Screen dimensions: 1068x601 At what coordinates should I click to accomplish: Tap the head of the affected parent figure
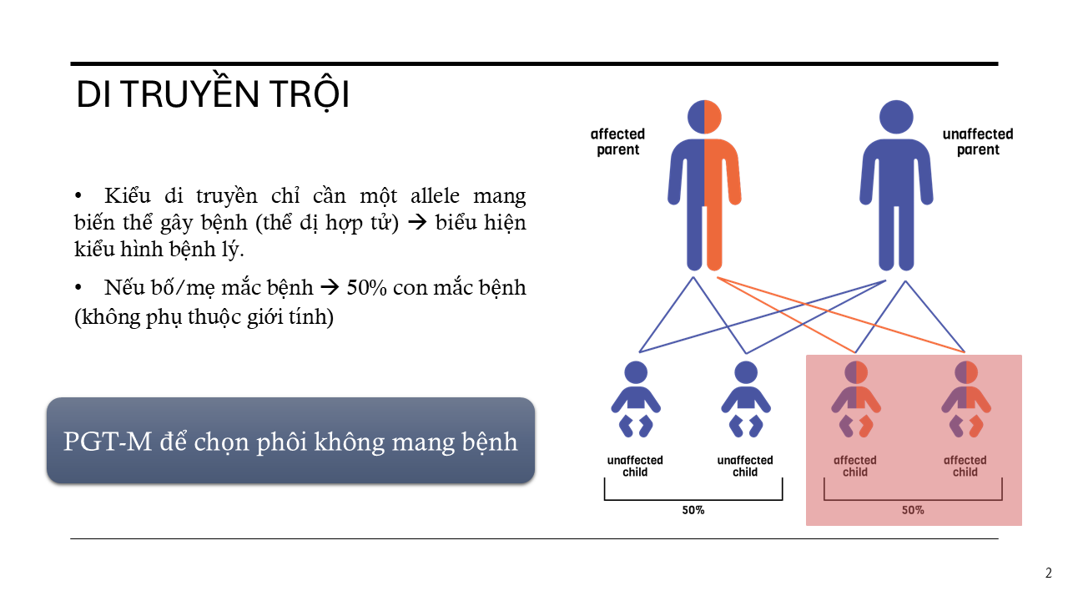point(704,117)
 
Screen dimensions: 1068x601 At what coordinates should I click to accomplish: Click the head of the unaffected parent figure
point(896,117)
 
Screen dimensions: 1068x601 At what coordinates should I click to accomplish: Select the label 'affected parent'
point(618,142)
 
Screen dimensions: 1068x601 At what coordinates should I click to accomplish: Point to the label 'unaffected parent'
point(978,142)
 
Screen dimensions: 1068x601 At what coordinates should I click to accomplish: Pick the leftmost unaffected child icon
point(636,399)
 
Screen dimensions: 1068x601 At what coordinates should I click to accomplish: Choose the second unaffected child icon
point(746,399)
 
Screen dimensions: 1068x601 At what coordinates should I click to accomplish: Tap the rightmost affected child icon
point(966,399)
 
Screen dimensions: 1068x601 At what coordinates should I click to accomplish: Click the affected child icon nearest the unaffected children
point(856,399)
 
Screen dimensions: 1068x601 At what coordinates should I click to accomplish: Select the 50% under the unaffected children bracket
point(693,510)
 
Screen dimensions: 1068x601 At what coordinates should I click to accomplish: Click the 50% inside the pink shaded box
point(913,510)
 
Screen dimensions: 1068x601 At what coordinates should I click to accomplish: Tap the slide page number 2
point(1049,573)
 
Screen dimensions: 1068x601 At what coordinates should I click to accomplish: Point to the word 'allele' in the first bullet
point(436,195)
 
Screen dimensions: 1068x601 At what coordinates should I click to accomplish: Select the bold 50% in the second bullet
point(366,287)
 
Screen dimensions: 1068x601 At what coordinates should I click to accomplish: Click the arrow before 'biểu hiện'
point(417,222)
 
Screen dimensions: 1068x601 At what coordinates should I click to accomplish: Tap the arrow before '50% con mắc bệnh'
point(329,287)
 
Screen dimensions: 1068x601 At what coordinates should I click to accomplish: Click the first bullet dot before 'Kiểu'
point(78,195)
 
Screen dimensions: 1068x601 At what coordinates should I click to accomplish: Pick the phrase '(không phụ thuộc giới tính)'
point(204,316)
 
